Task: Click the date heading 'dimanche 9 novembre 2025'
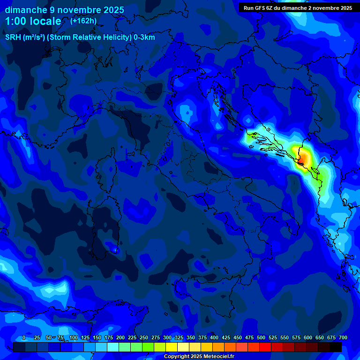pyautogui.click(x=64, y=10)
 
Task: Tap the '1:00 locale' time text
pyautogui.click(x=33, y=21)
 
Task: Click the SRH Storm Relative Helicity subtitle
pyautogui.click(x=80, y=37)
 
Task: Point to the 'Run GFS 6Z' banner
pyautogui.click(x=298, y=8)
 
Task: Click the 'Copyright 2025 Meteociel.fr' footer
pyautogui.click(x=199, y=357)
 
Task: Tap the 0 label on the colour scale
pyautogui.click(x=24, y=337)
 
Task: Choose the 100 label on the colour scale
pyautogui.click(x=74, y=337)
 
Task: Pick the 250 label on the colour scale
pyautogui.click(x=144, y=337)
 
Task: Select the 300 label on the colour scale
pyautogui.click(x=167, y=337)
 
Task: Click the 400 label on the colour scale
pyautogui.click(x=214, y=337)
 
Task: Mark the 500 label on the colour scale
pyautogui.click(x=261, y=337)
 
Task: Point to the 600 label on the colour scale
pyautogui.click(x=308, y=337)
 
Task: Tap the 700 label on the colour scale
pyautogui.click(x=343, y=337)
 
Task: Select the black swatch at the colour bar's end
pyautogui.click(x=336, y=347)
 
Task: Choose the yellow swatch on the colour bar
pyautogui.click(x=172, y=347)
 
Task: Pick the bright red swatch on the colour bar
pyautogui.click(x=265, y=347)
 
